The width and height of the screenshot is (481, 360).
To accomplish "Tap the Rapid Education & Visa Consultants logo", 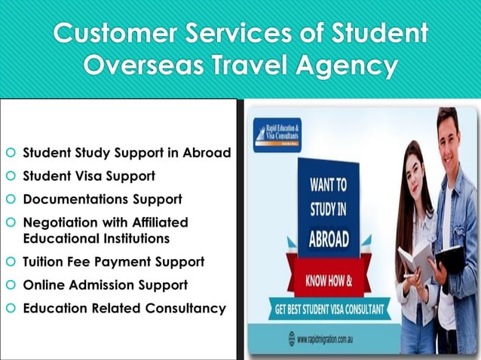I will (x=277, y=135).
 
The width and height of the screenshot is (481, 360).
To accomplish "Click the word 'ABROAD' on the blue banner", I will (x=329, y=239).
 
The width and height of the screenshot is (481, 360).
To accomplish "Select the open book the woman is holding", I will (x=416, y=260).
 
